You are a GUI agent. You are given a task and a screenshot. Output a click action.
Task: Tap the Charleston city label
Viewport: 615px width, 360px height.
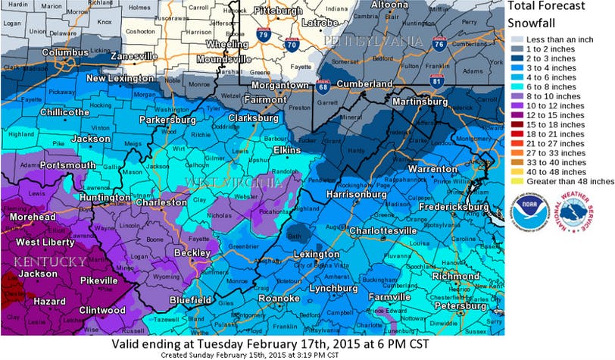click(161, 202)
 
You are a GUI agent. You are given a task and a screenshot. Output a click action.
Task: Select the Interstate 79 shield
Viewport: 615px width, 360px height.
click(263, 34)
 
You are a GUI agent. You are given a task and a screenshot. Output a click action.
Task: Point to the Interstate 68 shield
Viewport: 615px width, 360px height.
click(323, 86)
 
